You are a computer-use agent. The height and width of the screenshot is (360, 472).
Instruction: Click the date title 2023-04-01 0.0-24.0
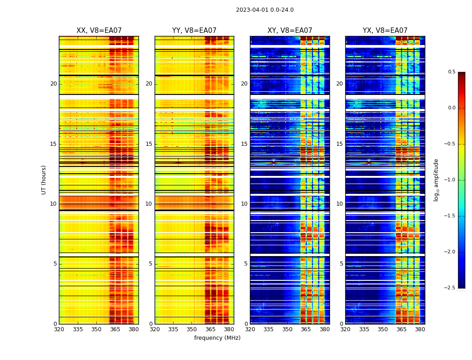click(265, 10)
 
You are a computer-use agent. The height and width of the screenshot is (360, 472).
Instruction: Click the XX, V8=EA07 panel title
click(99, 31)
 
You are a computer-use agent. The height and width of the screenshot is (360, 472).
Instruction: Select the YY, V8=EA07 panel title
click(194, 31)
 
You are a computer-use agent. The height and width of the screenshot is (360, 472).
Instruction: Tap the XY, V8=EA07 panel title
click(289, 31)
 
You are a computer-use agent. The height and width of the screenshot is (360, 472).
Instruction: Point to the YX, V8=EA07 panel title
click(385, 31)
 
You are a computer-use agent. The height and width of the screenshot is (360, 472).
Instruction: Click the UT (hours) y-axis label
click(44, 180)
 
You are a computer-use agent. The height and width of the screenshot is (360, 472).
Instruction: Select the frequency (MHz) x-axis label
click(217, 338)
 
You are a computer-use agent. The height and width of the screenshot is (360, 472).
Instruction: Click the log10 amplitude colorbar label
click(436, 180)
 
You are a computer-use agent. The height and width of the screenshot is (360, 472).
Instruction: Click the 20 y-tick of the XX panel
click(53, 84)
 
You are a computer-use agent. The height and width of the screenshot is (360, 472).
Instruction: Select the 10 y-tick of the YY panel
click(149, 204)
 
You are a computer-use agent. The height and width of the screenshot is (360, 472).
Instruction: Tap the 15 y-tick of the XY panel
click(244, 144)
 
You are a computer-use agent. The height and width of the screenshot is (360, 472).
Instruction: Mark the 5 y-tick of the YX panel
click(341, 264)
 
